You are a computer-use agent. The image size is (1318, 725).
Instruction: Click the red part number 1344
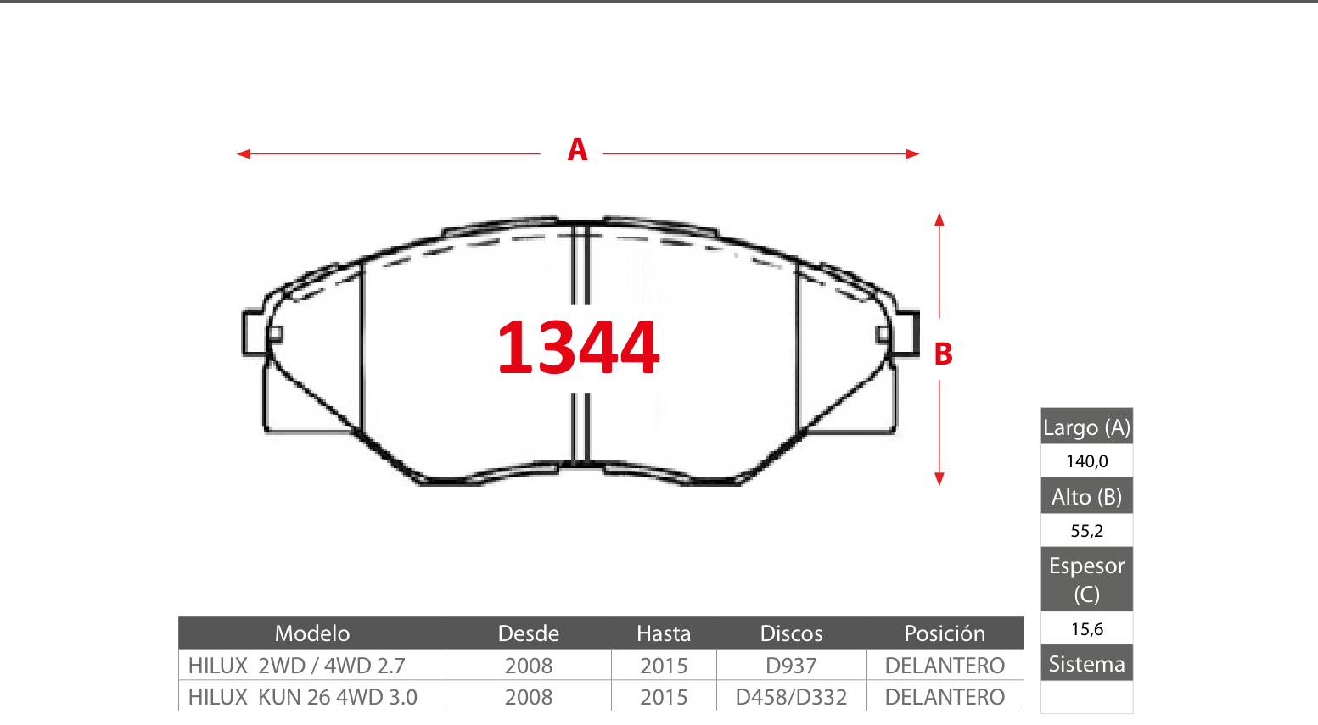tap(578, 347)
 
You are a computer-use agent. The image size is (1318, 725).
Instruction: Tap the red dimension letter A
tap(577, 150)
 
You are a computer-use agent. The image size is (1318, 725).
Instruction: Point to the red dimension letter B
tap(943, 354)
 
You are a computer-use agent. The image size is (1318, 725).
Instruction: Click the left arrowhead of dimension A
tap(243, 154)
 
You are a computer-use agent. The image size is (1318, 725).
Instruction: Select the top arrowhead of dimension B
tap(939, 220)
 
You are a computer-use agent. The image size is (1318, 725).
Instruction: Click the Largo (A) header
tap(1086, 427)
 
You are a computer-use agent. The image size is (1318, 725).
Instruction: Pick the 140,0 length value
tap(1087, 461)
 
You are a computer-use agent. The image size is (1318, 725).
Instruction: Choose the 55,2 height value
tap(1087, 531)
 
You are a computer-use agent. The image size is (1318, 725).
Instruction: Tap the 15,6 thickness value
tap(1087, 629)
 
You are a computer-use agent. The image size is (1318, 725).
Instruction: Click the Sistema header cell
tap(1086, 664)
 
